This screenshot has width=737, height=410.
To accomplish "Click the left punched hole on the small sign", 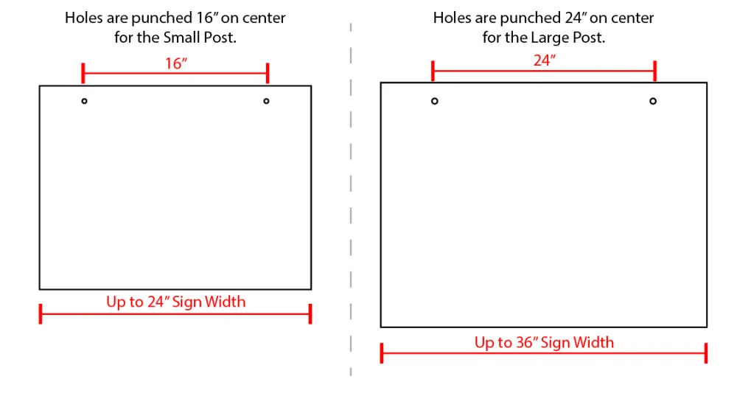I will pos(84,101).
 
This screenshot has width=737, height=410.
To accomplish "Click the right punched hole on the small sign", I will pos(266,101).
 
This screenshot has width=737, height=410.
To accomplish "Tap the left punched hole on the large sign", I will pos(435,101).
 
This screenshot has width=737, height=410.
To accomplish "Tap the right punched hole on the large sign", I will pos(653,101).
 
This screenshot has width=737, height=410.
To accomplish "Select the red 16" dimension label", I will pos(176,63).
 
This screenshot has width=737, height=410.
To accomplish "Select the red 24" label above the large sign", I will pos(543,61).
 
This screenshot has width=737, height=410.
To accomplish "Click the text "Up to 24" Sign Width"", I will pos(175,302).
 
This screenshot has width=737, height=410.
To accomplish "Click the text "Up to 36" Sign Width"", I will pos(544,342).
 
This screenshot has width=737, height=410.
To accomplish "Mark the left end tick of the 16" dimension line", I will pos(83,73).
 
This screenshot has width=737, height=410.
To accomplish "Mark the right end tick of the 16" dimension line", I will pos(268,73).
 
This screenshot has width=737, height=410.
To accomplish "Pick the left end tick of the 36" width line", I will pos(382,353).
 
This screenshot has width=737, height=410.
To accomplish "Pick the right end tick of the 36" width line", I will pos(706,353).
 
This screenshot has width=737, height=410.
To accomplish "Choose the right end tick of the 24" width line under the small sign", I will pos(310,313).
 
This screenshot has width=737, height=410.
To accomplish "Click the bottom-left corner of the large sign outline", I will pos(381,327).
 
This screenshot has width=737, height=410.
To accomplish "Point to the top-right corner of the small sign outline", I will pos(311,86).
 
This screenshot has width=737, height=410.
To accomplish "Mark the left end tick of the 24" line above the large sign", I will pos(433,71).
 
